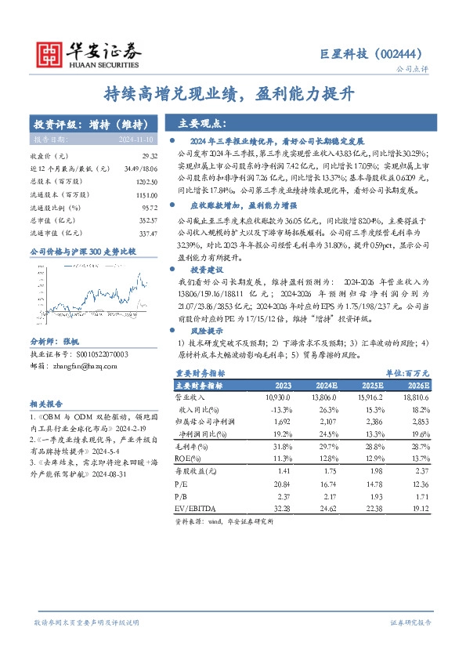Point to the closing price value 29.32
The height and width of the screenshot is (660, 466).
point(139,156)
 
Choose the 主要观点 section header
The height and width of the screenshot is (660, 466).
point(200,123)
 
